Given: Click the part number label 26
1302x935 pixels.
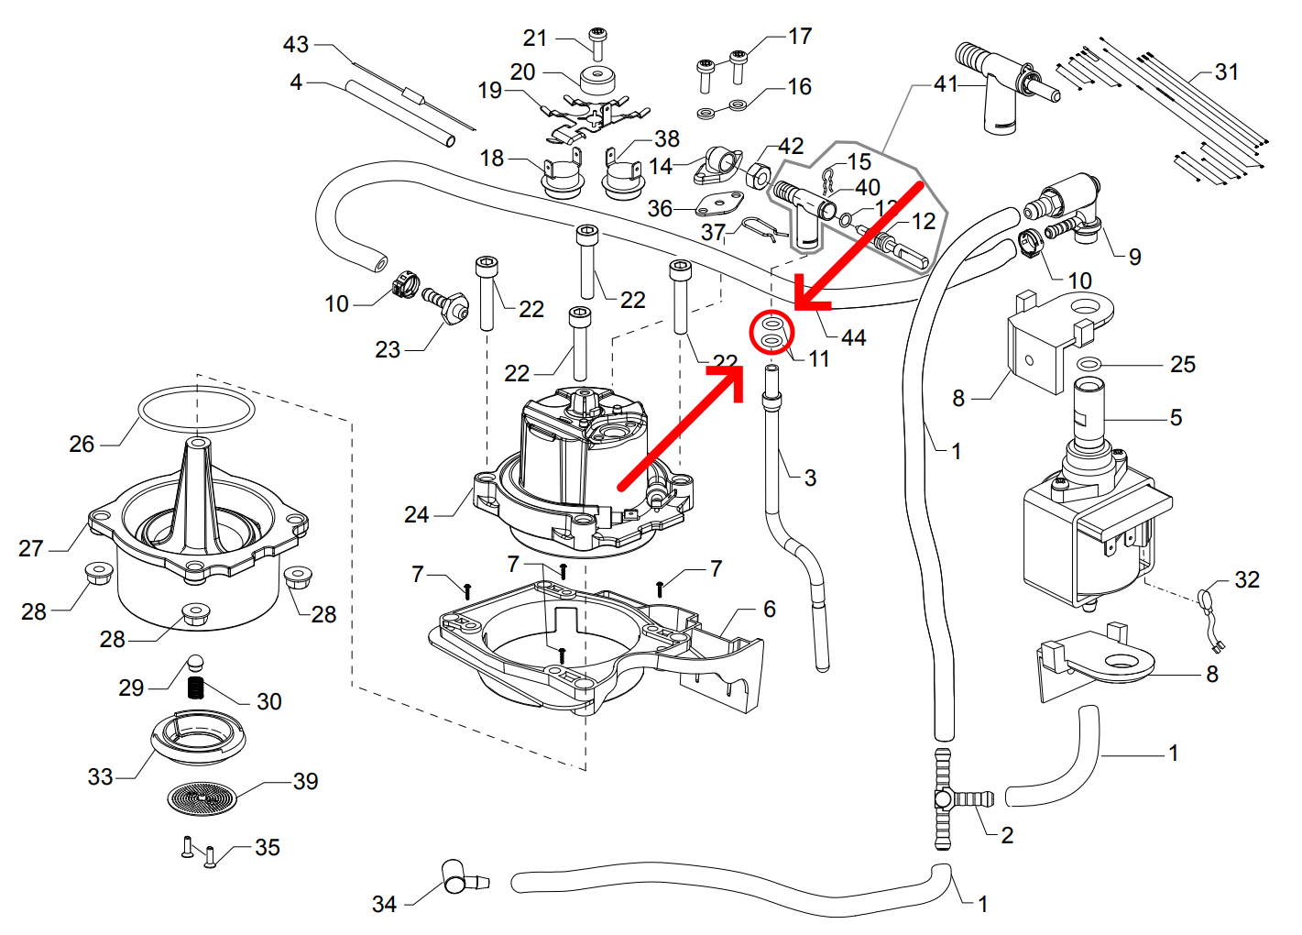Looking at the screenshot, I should [82, 445].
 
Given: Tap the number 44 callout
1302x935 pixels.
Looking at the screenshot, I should [853, 338].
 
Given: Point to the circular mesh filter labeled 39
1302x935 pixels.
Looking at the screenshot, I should [202, 798].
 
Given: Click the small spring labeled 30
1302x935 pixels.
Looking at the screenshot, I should [195, 687].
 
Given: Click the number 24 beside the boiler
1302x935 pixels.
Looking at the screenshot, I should [416, 515].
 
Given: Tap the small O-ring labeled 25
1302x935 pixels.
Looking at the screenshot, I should [1088, 365].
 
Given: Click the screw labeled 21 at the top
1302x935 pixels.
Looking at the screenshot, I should [597, 41].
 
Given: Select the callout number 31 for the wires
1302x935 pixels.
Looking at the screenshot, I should [1226, 72].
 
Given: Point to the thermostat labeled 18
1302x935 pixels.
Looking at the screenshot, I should [562, 176].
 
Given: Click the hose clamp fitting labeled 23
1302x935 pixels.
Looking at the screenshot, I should [448, 304].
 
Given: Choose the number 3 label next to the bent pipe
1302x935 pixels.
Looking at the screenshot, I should [810, 478].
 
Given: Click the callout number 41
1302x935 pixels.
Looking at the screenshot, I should [946, 84].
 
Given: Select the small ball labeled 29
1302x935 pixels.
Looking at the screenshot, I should [195, 663].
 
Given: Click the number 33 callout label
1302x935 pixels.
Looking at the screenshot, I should [100, 777].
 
